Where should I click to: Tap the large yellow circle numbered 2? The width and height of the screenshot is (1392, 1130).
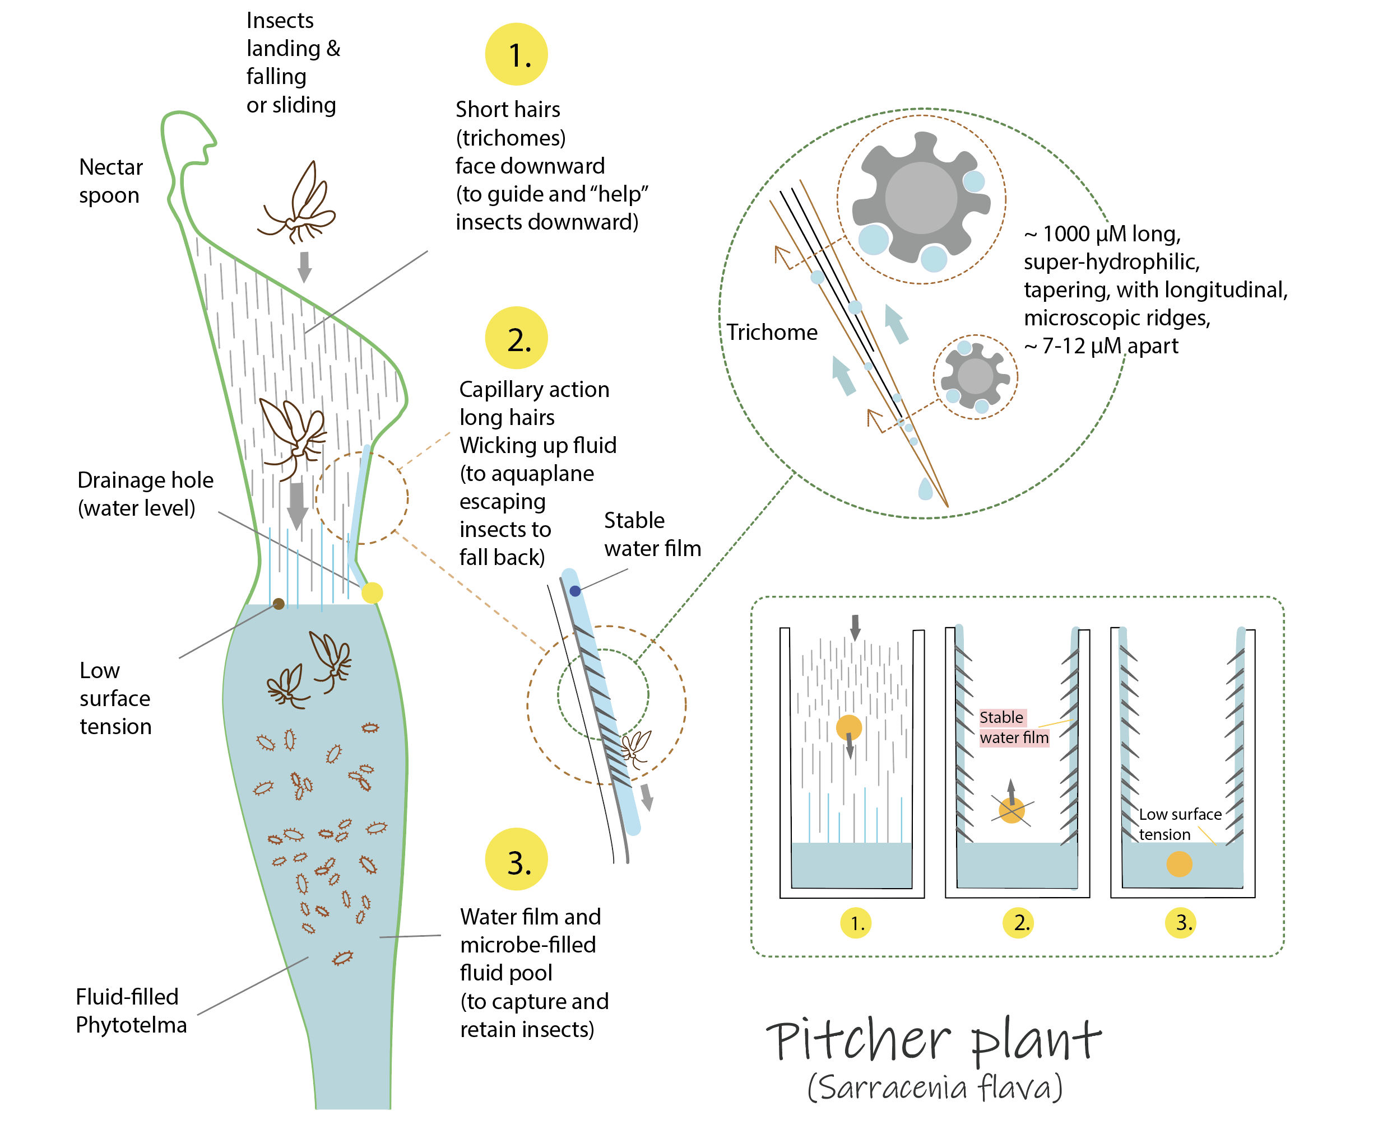pos(516,338)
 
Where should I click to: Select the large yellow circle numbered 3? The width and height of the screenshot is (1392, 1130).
pos(516,858)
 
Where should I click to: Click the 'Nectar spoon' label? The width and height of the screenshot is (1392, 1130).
pos(110,181)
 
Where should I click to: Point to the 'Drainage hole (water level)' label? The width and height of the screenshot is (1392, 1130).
pos(145,494)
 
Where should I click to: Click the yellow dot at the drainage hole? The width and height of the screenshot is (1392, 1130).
pos(372,592)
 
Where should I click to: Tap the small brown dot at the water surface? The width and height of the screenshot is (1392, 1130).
pos(278,604)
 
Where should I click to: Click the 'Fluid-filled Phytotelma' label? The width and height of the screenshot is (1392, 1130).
pos(130,1010)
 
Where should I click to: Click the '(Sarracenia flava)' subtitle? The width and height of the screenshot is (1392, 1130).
pos(934,1087)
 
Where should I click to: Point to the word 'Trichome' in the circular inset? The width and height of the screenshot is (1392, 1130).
pos(771,332)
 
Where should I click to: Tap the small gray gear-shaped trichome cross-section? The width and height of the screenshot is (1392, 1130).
pos(975,376)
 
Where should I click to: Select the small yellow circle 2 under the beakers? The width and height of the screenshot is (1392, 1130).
pos(1018,922)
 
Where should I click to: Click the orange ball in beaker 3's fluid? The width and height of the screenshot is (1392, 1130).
pos(1178,864)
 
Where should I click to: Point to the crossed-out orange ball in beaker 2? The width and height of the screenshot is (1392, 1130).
pos(1011,810)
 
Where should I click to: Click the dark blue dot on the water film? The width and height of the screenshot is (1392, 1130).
pos(574,591)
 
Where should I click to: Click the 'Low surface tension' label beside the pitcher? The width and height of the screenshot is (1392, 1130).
pos(115,698)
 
